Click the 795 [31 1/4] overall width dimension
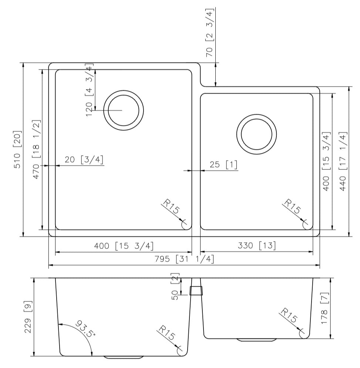[184, 259]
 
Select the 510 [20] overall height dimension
[17, 150]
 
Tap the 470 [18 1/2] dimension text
[36, 150]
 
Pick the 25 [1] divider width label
[223, 165]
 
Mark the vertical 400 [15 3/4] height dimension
[326, 161]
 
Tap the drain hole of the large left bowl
[123, 111]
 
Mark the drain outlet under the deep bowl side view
[124, 358]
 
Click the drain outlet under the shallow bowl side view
[256, 340]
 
